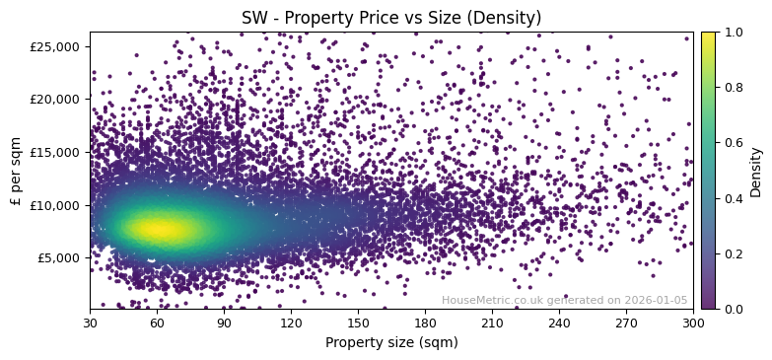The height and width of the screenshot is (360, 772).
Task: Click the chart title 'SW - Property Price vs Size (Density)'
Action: (x=391, y=18)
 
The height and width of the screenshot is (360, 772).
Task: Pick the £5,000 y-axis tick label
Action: (x=60, y=257)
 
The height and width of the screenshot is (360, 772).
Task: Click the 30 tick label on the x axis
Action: (x=90, y=323)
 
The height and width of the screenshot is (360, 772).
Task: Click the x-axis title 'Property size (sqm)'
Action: (x=391, y=342)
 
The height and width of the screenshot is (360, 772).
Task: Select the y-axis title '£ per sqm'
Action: (x=16, y=171)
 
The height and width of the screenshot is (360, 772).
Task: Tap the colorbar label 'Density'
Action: (x=756, y=171)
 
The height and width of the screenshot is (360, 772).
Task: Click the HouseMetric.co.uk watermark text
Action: (x=564, y=300)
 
